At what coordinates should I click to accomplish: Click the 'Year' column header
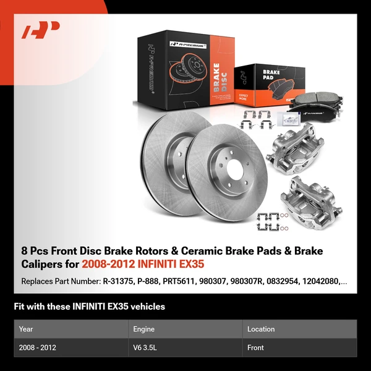point(26,329)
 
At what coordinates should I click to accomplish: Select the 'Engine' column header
point(143,329)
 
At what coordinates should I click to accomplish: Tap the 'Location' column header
point(260,329)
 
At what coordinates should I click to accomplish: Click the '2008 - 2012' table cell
point(38,348)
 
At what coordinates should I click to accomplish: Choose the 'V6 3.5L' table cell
point(146,348)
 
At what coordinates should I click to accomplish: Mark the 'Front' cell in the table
point(255,348)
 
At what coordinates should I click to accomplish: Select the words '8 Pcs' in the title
point(33,250)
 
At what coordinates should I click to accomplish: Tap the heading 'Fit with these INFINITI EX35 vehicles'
point(89,306)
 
